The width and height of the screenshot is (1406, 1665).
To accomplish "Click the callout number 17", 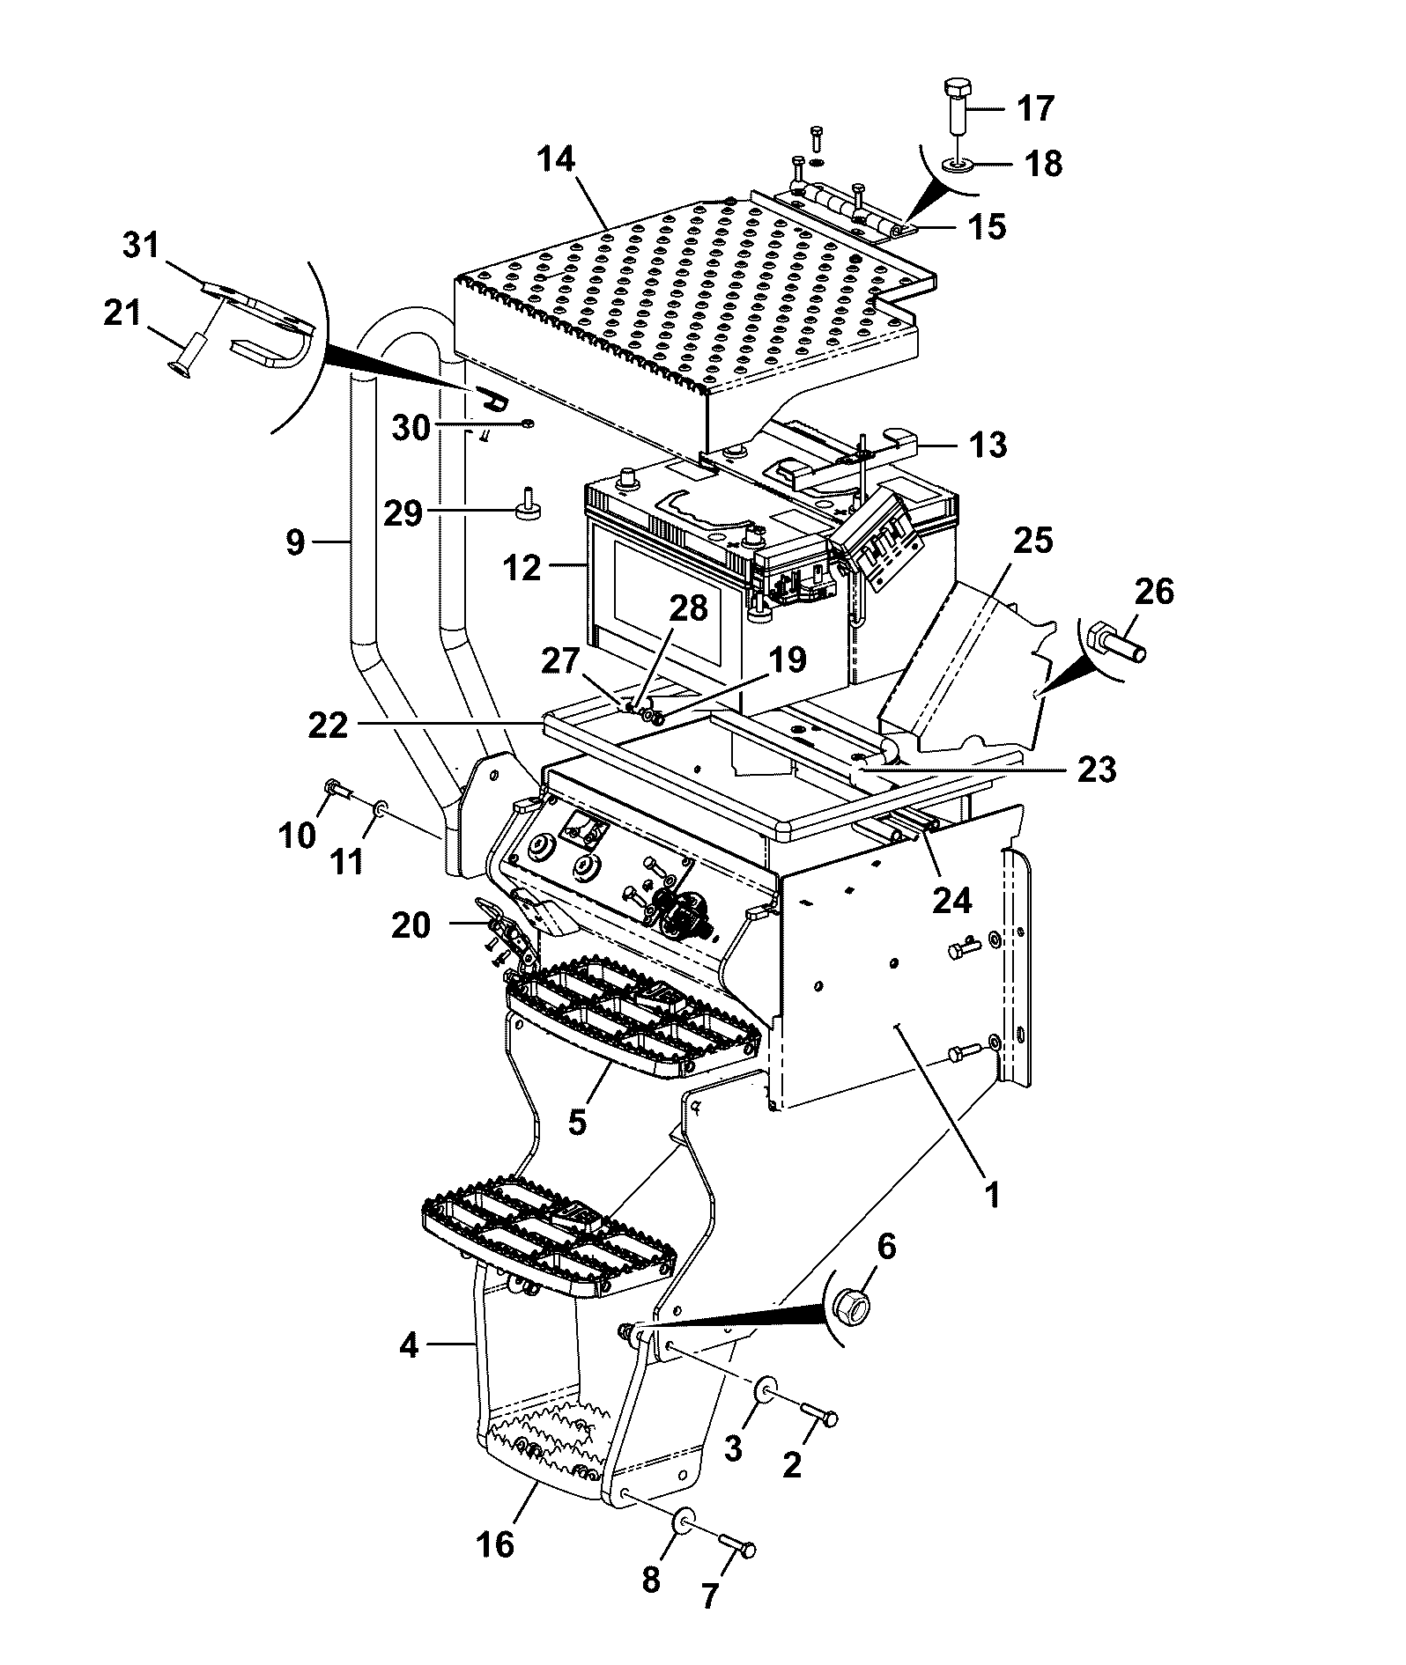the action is [1035, 109].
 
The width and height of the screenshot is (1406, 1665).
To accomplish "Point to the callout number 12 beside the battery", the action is [523, 568].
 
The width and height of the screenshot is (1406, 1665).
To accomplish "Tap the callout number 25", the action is [1034, 541].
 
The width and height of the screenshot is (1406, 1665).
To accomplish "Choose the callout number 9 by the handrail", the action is [296, 542].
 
